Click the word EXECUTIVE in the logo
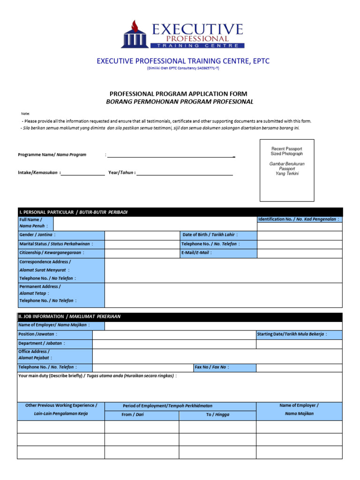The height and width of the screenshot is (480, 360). pyautogui.click(x=197, y=30)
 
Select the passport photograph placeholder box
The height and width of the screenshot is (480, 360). pyautogui.click(x=287, y=170)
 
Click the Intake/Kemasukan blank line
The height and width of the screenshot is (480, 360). pyautogui.click(x=83, y=173)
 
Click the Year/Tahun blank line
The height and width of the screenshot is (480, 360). pyautogui.click(x=185, y=173)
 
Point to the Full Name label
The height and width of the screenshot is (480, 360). pyautogui.click(x=30, y=223)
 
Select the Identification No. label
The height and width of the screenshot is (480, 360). pyautogui.click(x=299, y=219)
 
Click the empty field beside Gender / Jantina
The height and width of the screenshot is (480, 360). pyautogui.click(x=142, y=235)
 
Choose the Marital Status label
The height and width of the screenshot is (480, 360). pyautogui.click(x=56, y=244)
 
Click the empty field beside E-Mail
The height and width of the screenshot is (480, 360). pyautogui.click(x=300, y=253)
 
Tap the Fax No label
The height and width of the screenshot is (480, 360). pyautogui.click(x=212, y=367)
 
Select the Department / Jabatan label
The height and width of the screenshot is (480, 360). pyautogui.click(x=42, y=344)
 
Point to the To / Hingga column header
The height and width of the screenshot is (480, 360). pyautogui.click(x=217, y=415)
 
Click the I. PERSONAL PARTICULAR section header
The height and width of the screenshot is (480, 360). pyautogui.click(x=73, y=212)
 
